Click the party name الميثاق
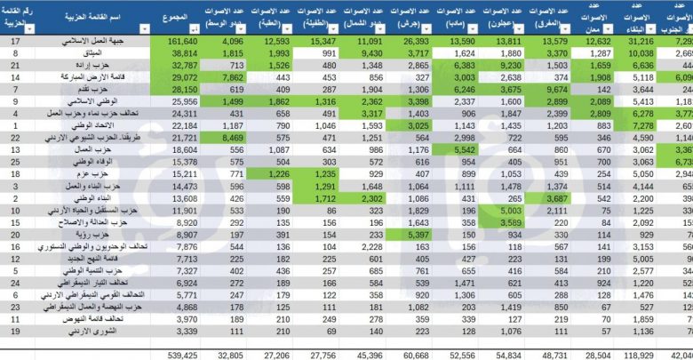click(x=100, y=53)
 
